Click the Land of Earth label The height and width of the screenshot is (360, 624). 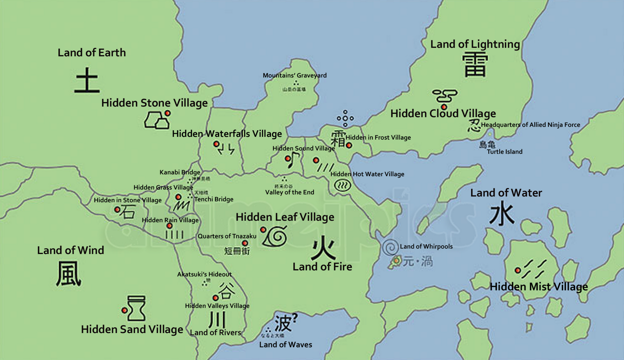(x=92, y=53)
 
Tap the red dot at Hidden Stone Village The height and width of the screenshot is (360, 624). (x=167, y=113)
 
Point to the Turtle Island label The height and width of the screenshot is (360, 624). (x=504, y=152)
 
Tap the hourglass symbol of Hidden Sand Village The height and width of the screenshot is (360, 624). (x=136, y=308)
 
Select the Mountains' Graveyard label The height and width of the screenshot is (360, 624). (x=294, y=75)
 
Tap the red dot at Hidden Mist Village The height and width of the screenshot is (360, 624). (x=518, y=270)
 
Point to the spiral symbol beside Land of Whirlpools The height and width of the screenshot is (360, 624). (x=390, y=247)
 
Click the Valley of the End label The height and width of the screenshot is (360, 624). (x=289, y=192)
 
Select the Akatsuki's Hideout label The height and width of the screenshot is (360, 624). (x=204, y=274)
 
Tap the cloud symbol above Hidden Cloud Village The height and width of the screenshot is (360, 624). (x=445, y=96)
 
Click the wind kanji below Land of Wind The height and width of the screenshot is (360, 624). (x=69, y=273)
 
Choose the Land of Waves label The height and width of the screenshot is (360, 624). (x=285, y=344)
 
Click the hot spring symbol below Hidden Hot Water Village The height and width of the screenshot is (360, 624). (x=342, y=185)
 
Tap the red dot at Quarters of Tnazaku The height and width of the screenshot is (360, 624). (x=245, y=243)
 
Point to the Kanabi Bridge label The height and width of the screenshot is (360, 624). (x=180, y=172)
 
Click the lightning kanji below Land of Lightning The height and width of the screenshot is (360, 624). (x=475, y=65)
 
